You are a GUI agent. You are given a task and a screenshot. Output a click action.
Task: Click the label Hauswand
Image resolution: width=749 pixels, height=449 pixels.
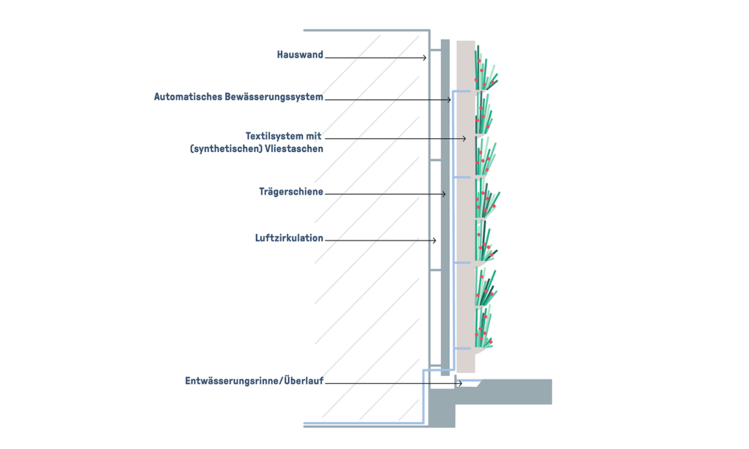point(300,55)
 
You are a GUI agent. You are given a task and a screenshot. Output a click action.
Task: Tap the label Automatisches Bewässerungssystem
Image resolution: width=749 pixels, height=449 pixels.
point(238,97)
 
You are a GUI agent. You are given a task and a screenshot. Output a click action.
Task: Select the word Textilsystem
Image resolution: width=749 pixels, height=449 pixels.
point(274,136)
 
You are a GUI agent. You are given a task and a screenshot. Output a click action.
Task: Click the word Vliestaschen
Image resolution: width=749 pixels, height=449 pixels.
point(297,148)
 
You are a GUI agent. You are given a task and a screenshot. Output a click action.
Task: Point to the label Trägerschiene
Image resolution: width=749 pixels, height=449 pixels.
point(291,192)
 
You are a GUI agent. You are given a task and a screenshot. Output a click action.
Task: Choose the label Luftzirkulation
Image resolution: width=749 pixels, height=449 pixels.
point(289,238)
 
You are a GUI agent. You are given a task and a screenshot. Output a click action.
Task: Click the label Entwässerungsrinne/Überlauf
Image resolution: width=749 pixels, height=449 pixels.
point(254,381)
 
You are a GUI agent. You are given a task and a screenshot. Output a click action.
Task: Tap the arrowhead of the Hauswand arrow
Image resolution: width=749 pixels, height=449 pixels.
point(425,58)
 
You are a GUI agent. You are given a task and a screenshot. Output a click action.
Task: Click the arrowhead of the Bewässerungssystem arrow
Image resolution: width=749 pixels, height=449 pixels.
point(450,99)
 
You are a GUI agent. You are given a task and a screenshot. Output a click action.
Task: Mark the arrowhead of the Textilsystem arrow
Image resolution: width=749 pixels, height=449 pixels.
point(464,138)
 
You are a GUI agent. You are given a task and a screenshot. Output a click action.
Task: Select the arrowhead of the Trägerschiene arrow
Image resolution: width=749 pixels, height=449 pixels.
point(444,194)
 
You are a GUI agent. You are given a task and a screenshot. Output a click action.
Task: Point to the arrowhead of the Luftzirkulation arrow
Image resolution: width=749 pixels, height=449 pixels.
point(434,240)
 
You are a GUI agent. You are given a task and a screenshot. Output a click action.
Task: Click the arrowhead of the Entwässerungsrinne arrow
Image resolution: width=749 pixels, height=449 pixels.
point(460,382)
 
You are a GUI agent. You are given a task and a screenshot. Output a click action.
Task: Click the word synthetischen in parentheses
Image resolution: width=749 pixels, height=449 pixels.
point(227,148)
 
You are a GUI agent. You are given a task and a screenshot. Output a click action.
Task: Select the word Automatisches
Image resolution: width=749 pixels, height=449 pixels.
point(186,97)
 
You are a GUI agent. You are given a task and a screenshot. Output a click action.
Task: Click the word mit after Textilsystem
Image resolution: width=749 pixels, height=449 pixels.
point(312,136)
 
